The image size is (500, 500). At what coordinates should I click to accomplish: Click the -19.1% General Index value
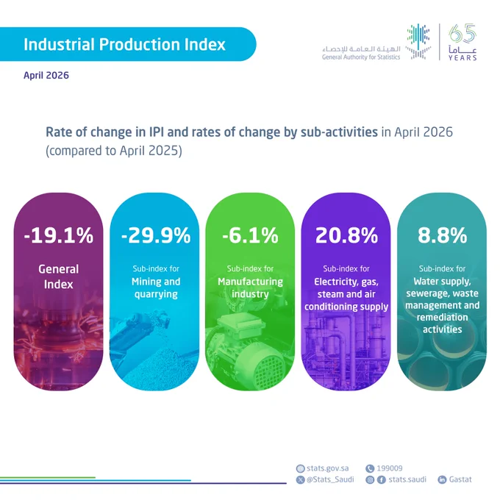[x=59, y=235]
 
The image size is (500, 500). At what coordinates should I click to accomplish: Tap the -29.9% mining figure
[x=156, y=235]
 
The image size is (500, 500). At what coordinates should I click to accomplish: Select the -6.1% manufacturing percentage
[x=250, y=235]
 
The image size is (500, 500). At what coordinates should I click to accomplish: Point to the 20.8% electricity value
[x=346, y=235]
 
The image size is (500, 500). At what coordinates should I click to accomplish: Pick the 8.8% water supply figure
[x=443, y=235]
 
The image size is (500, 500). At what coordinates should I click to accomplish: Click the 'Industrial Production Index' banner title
[x=125, y=44]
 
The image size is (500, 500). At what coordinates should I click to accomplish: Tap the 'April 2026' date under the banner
[x=46, y=75]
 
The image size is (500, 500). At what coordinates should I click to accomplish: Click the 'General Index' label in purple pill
[x=59, y=276]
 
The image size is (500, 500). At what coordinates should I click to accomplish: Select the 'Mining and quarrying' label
[x=156, y=288]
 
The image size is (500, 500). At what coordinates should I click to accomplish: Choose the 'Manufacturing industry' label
[x=250, y=288]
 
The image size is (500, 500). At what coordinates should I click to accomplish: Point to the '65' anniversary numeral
[x=462, y=33]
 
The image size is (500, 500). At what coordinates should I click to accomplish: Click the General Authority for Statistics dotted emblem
[x=418, y=41]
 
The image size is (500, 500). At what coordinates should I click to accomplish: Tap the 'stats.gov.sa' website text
[x=327, y=468]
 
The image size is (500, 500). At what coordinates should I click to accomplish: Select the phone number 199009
[x=390, y=468]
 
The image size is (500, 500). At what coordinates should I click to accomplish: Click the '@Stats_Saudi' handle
[x=330, y=479]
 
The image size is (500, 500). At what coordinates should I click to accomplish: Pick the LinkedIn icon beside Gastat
[x=442, y=479]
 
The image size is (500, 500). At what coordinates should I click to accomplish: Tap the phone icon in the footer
[x=370, y=468]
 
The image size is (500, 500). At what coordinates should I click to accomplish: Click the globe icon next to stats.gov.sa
[x=301, y=468]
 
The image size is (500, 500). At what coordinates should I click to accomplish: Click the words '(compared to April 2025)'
[x=114, y=151]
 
